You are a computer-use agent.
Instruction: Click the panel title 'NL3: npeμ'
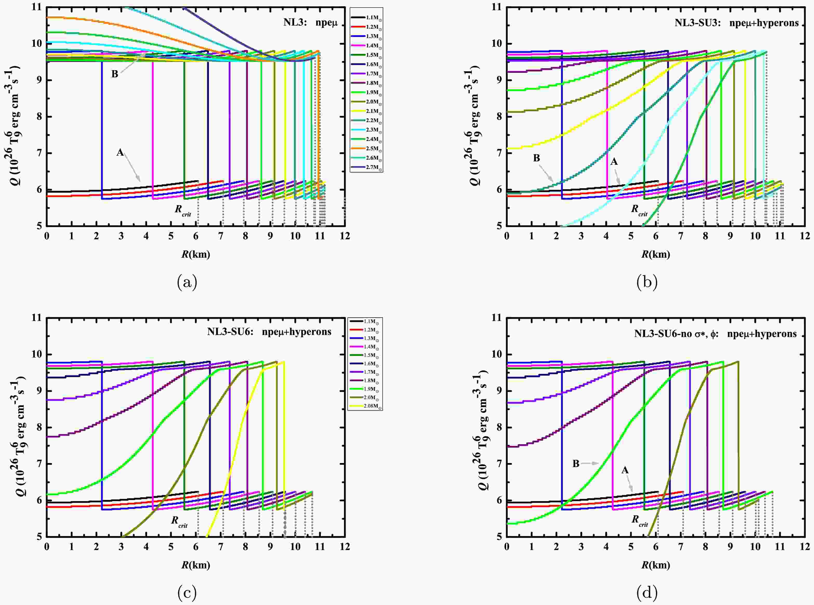(310, 22)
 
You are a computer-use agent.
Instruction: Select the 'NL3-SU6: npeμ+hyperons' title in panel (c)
(269, 332)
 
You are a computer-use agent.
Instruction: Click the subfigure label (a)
(187, 282)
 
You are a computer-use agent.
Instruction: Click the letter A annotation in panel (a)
(120, 152)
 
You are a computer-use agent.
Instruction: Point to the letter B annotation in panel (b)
(536, 158)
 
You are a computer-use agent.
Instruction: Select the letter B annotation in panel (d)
(576, 464)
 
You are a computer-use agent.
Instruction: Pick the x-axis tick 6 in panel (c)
(196, 547)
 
